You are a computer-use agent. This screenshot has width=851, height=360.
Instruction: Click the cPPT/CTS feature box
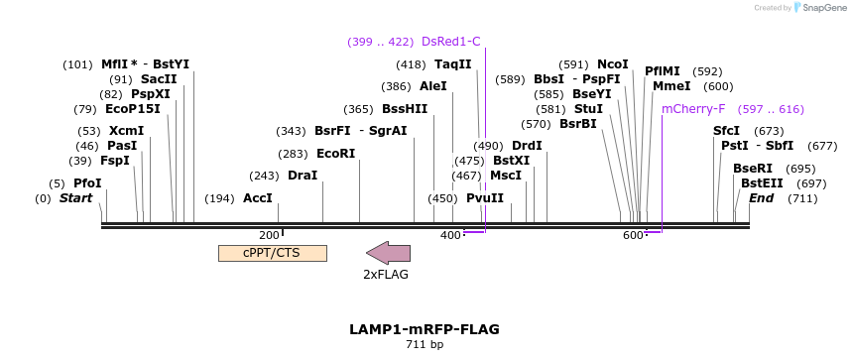(272, 253)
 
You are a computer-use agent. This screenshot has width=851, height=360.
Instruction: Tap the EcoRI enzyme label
(335, 154)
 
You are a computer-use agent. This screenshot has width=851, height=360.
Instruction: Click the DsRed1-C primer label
(450, 42)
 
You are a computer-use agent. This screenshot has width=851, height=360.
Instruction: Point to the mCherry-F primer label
(693, 109)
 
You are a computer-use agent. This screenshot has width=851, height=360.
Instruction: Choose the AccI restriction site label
(258, 198)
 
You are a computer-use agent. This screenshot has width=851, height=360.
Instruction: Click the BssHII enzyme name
(405, 109)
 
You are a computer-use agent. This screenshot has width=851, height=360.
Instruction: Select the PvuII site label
(485, 198)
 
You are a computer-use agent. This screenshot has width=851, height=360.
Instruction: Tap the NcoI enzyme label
(613, 64)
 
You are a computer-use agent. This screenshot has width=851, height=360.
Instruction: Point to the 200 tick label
(269, 235)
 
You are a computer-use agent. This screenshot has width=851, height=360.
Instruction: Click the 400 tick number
(449, 235)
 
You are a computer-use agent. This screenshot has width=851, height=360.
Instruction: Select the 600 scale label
(632, 235)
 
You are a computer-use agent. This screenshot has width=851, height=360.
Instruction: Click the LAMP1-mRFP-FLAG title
(425, 329)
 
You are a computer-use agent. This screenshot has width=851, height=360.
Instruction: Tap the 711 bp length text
(425, 345)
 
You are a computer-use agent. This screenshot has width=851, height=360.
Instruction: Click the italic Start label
(76, 198)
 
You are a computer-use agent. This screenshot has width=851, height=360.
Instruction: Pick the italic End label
(762, 198)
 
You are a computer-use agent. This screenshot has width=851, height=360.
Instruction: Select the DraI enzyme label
(303, 176)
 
